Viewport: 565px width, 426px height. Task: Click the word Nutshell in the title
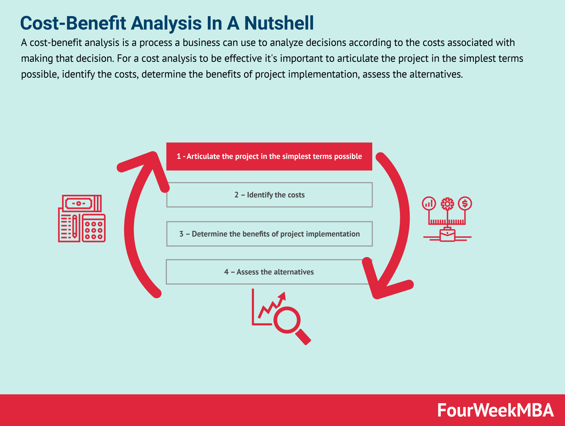(279, 23)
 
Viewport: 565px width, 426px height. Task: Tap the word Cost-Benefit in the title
(73, 23)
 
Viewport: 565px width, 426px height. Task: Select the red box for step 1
(269, 156)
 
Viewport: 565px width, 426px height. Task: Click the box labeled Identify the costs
(269, 195)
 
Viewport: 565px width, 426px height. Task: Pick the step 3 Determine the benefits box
(269, 234)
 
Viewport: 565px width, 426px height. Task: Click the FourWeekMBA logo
(495, 410)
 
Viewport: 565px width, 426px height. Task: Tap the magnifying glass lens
(287, 320)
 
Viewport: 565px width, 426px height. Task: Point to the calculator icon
(94, 228)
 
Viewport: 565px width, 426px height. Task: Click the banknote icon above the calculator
(82, 203)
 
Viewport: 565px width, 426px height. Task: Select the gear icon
(447, 204)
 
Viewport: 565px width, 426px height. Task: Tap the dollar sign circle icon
(465, 203)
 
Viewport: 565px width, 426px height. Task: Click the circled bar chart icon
(429, 203)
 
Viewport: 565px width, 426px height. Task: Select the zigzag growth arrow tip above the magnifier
(282, 296)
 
